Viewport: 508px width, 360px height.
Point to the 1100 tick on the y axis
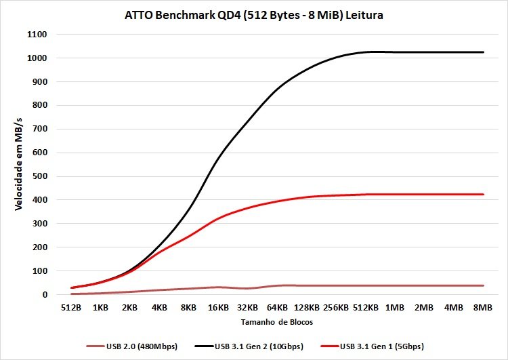point(37,35)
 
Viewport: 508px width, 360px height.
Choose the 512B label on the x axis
point(70,307)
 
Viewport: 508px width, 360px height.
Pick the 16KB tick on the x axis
point(217,307)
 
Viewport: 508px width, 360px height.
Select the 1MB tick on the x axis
point(394,307)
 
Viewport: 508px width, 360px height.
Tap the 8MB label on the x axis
point(482,307)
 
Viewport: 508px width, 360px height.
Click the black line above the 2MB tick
point(424,52)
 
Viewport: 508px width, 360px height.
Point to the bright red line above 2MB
point(424,195)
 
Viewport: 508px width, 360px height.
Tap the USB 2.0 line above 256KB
point(335,285)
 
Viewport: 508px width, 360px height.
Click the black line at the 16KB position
point(217,160)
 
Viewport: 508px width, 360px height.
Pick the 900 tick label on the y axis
point(39,82)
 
